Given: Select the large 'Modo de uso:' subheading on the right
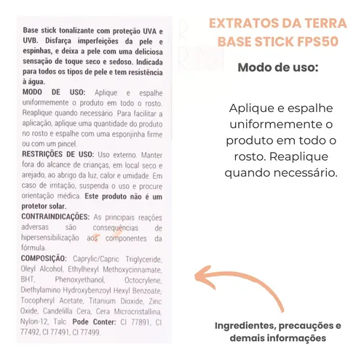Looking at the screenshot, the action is [x=277, y=68].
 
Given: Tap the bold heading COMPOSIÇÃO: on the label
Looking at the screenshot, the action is [x=47, y=260].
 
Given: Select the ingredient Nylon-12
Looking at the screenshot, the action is [x=36, y=322].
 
